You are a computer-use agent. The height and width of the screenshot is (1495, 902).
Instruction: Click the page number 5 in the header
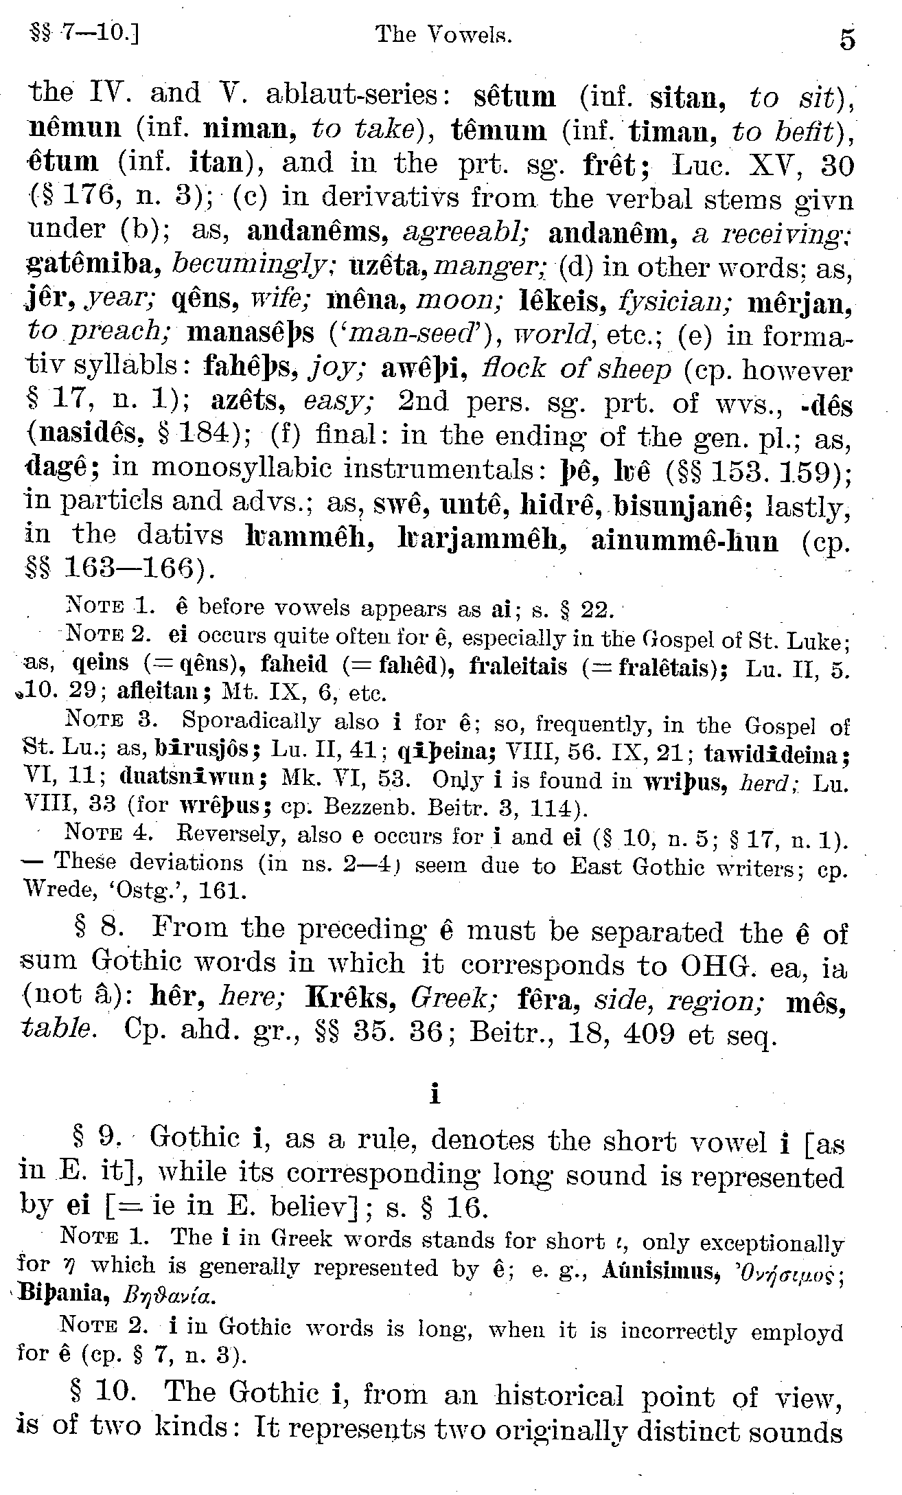[x=847, y=39]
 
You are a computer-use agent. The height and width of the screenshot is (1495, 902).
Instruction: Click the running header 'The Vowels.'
[x=444, y=34]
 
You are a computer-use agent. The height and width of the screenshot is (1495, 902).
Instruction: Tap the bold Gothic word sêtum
[x=515, y=95]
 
